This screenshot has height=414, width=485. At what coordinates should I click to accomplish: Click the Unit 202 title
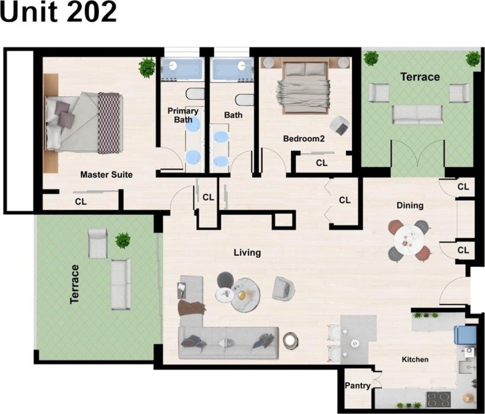click(x=58, y=13)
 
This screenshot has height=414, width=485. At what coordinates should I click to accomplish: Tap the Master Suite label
click(x=106, y=174)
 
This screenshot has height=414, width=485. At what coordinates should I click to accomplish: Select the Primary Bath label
click(x=182, y=115)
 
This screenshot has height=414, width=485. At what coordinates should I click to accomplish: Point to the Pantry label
click(x=357, y=386)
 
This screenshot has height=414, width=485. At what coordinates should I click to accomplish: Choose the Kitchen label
click(x=415, y=360)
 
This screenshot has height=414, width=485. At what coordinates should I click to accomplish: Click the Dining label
click(x=410, y=206)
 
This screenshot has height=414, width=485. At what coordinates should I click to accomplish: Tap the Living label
click(x=247, y=252)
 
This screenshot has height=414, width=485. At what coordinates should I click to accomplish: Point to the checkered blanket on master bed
click(x=109, y=122)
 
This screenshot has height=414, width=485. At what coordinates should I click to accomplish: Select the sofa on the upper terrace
click(x=417, y=114)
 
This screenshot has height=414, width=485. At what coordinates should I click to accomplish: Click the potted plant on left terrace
click(x=122, y=240)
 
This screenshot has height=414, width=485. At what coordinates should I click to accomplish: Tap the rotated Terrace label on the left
click(x=74, y=284)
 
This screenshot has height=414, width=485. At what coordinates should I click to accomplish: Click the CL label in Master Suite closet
click(x=81, y=202)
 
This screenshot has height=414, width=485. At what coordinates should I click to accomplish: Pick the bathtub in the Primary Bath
click(x=181, y=70)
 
